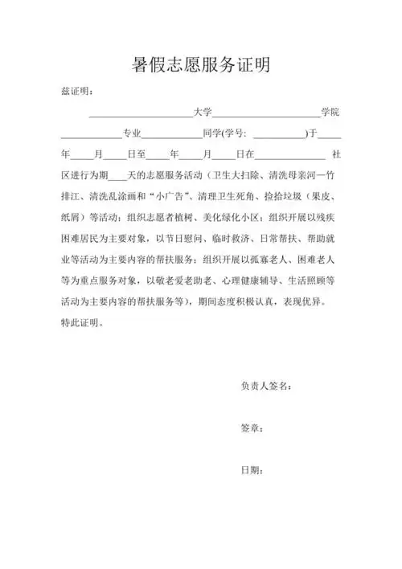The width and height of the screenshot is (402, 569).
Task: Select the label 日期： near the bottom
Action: [x=252, y=469]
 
